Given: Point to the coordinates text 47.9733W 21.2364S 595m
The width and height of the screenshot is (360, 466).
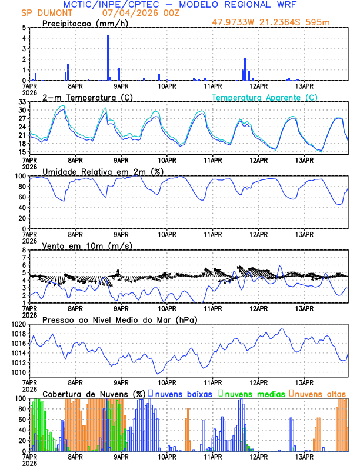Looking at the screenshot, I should (x=280, y=23).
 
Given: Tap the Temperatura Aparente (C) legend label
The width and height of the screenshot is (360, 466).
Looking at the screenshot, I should (x=265, y=97).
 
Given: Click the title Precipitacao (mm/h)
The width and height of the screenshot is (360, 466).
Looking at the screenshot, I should (x=82, y=23).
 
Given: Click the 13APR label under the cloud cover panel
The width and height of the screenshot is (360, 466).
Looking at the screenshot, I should (x=304, y=456).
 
